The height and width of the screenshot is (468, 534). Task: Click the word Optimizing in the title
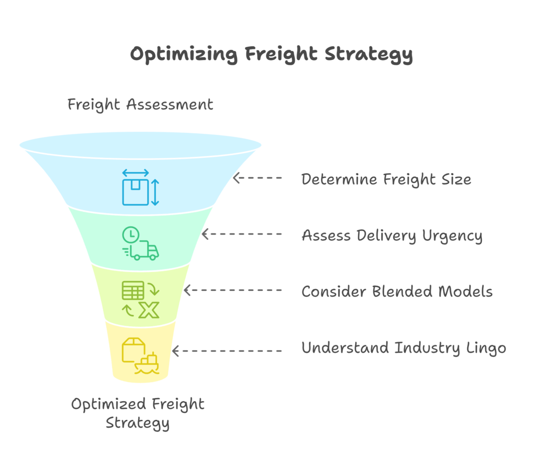178,55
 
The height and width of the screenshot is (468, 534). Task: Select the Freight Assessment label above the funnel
140,104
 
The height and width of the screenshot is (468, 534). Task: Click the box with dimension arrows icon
140,187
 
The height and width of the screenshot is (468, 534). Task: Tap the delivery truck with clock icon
140,243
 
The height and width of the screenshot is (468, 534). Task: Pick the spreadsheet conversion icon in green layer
140,299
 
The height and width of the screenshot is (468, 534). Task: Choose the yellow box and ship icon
140,355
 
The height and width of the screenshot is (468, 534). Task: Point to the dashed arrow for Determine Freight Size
258,178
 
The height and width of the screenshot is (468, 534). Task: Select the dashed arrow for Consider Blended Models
233,290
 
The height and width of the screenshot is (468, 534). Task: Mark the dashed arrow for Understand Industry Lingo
227,351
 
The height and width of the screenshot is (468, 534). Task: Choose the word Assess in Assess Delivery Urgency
326,236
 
